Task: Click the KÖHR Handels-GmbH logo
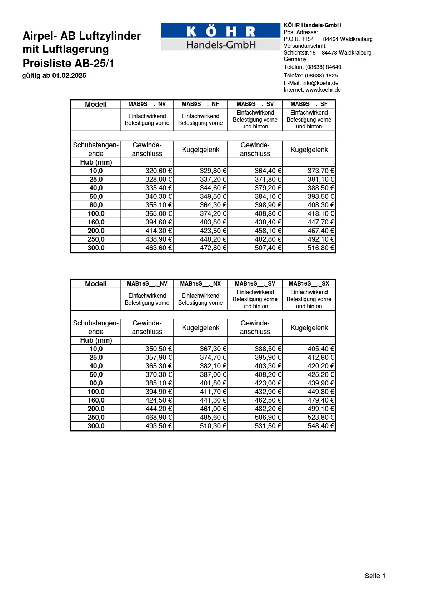click(x=221, y=37)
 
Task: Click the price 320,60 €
click(x=159, y=171)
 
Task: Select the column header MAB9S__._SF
click(x=309, y=104)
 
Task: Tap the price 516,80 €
click(x=321, y=248)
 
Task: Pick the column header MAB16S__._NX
click(x=200, y=284)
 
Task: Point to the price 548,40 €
click(x=321, y=426)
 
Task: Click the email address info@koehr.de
click(x=320, y=83)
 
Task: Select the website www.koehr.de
click(x=323, y=90)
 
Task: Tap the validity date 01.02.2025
click(x=69, y=76)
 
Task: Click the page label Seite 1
click(x=375, y=576)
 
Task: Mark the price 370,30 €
click(x=159, y=375)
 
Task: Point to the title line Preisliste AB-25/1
click(x=69, y=63)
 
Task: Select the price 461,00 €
click(x=213, y=409)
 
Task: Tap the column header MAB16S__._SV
click(x=255, y=284)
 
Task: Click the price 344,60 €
click(x=213, y=188)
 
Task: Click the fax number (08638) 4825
click(x=321, y=76)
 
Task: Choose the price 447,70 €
click(x=321, y=222)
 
